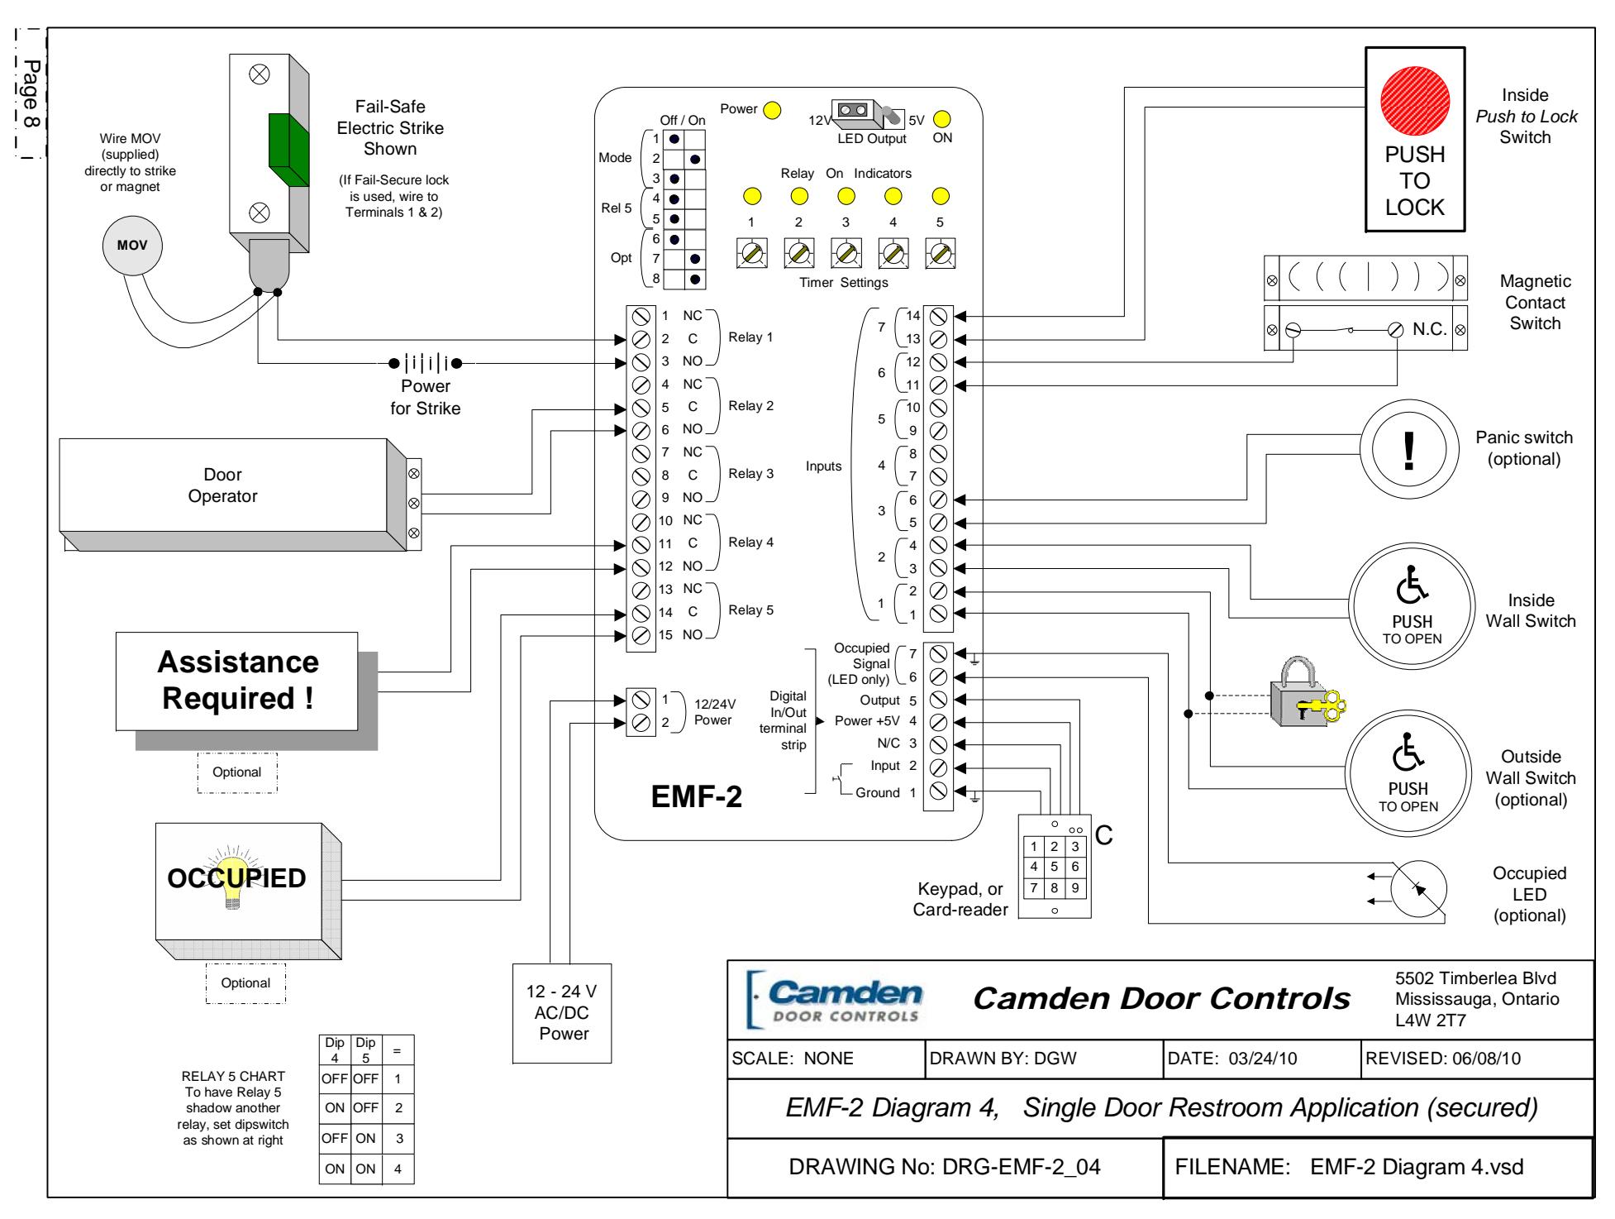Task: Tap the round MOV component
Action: [x=131, y=246]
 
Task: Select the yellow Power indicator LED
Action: [x=772, y=110]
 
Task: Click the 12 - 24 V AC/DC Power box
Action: [x=563, y=1013]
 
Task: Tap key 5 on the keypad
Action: [x=1054, y=867]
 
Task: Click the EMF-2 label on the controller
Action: [x=697, y=798]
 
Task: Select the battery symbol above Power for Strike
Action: [x=425, y=362]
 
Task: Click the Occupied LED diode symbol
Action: [x=1418, y=888]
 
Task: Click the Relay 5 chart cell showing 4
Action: [x=397, y=1169]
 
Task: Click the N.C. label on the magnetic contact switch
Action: [x=1430, y=328]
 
